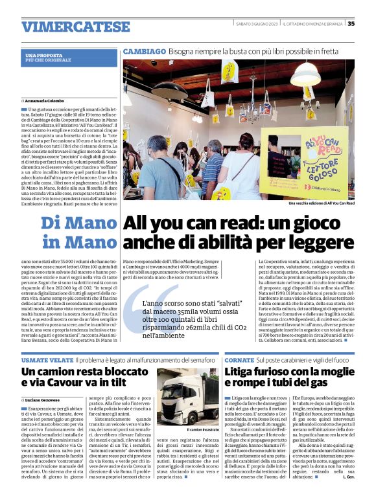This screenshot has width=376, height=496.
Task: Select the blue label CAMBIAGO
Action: [x=144, y=50]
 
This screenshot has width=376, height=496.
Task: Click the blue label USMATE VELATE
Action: [x=47, y=359]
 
